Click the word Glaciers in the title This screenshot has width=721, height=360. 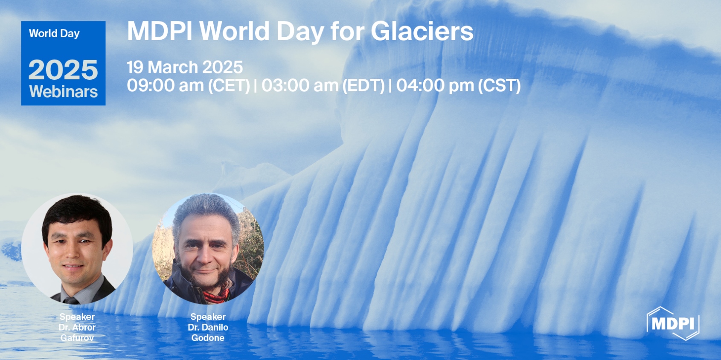click(x=422, y=31)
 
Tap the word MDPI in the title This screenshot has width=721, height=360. click(x=159, y=31)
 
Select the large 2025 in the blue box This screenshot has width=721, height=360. click(x=63, y=70)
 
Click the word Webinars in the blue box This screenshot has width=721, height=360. click(x=63, y=92)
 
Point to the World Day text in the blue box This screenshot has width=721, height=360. click(x=54, y=33)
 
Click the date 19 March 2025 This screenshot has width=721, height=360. click(x=184, y=67)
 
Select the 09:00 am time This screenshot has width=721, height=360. click(x=165, y=85)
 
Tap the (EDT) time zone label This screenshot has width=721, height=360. click(x=363, y=85)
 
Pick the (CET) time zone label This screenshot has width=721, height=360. click(x=229, y=85)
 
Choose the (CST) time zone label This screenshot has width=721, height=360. click(x=499, y=85)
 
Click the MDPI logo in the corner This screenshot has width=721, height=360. click(x=673, y=323)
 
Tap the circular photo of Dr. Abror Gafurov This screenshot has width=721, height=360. click(x=77, y=248)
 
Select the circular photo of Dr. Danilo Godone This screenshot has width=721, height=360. click(x=208, y=248)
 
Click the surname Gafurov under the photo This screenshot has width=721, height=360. click(x=77, y=338)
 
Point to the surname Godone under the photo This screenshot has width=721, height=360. click(x=208, y=338)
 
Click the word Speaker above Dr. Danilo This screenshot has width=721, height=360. click(x=208, y=316)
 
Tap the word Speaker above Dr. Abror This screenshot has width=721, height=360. click(x=77, y=316)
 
